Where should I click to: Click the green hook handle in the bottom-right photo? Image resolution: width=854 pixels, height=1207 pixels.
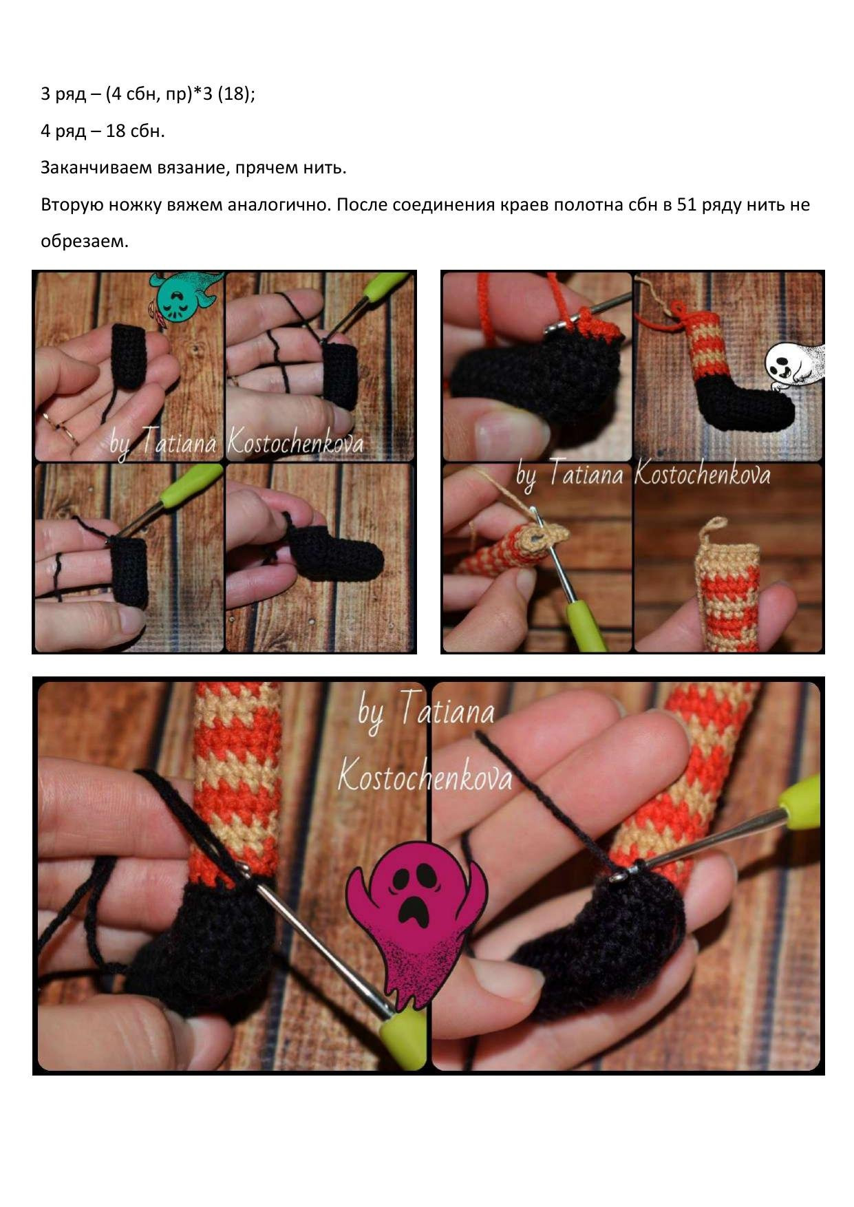click(800, 802)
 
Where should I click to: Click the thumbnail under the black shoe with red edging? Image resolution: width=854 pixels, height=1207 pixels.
click(537, 557)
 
